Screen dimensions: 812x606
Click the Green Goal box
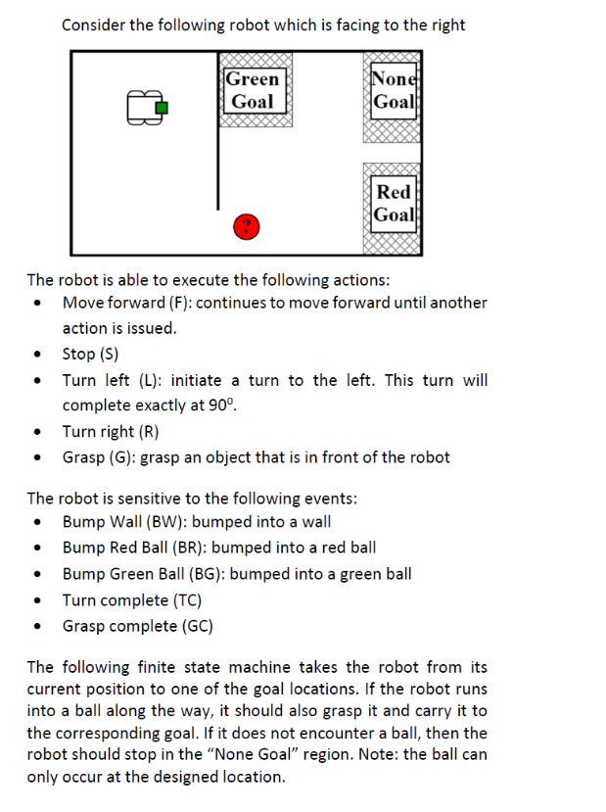click(x=254, y=90)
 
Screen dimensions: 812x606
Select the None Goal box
click(x=395, y=90)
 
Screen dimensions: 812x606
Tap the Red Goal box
click(x=395, y=203)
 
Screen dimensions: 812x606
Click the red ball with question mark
click(x=247, y=228)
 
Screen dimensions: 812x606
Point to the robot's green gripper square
click(x=163, y=107)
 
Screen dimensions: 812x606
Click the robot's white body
click(x=143, y=108)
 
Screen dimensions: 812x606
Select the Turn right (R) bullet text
click(x=111, y=431)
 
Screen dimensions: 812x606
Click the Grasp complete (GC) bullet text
click(x=138, y=626)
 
